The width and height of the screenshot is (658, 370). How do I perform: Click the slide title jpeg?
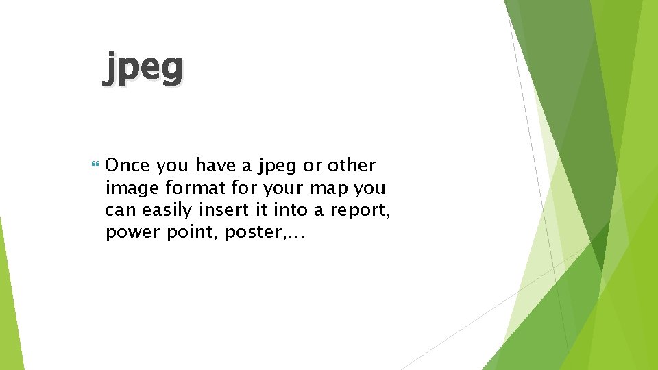pyautogui.click(x=143, y=69)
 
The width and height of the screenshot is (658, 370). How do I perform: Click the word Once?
pyautogui.click(x=127, y=166)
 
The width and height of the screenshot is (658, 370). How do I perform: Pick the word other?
pyautogui.click(x=352, y=166)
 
